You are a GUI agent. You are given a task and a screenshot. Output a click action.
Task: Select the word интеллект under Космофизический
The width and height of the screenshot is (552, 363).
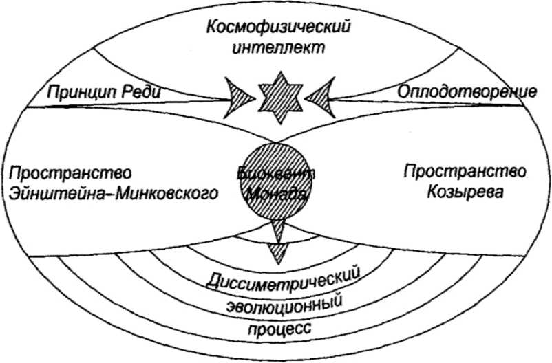coord(279,49)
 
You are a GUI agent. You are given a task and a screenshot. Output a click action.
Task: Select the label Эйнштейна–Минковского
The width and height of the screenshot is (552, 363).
coord(114,193)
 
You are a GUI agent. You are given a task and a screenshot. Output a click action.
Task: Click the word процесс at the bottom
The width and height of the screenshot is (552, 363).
coord(279,327)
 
